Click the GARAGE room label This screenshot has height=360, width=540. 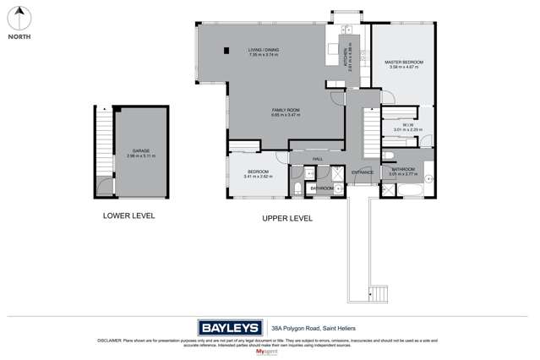tap(140, 152)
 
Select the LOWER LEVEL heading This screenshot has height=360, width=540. tap(128, 215)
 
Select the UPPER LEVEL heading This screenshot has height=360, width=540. tap(286, 218)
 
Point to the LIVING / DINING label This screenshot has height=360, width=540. tap(264, 51)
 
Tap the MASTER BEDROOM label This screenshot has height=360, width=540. tap(403, 63)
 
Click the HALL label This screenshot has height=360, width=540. tap(318, 159)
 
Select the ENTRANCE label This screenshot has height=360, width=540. tap(363, 172)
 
